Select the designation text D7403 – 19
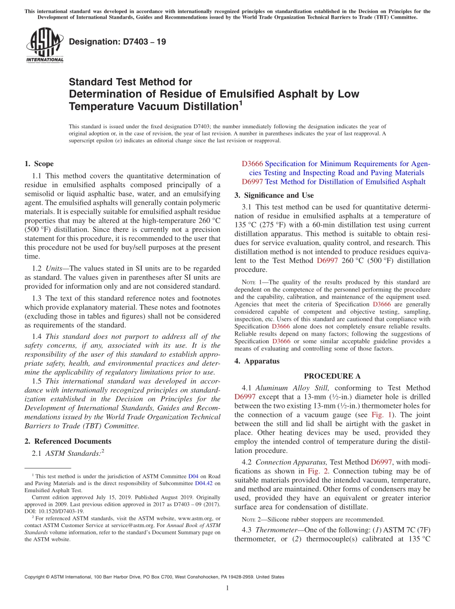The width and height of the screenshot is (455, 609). (118, 42)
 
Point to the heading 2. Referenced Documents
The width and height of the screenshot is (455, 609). (68, 441)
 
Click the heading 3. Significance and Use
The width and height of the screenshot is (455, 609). (274, 195)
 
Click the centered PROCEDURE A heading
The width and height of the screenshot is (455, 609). (332, 376)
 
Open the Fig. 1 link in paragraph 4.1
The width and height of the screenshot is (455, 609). (380, 415)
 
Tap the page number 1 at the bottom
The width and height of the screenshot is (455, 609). (227, 588)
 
